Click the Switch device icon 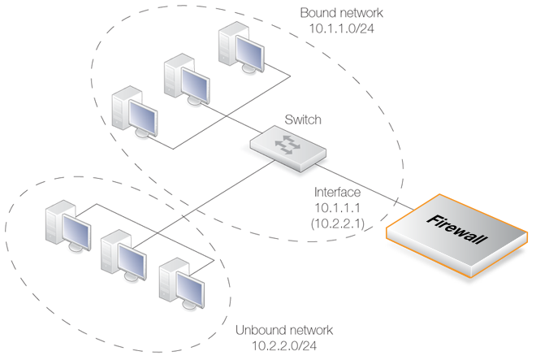click(290, 150)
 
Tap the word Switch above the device click(303, 120)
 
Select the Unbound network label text click(284, 331)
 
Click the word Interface click(339, 193)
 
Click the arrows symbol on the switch click(287, 145)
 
